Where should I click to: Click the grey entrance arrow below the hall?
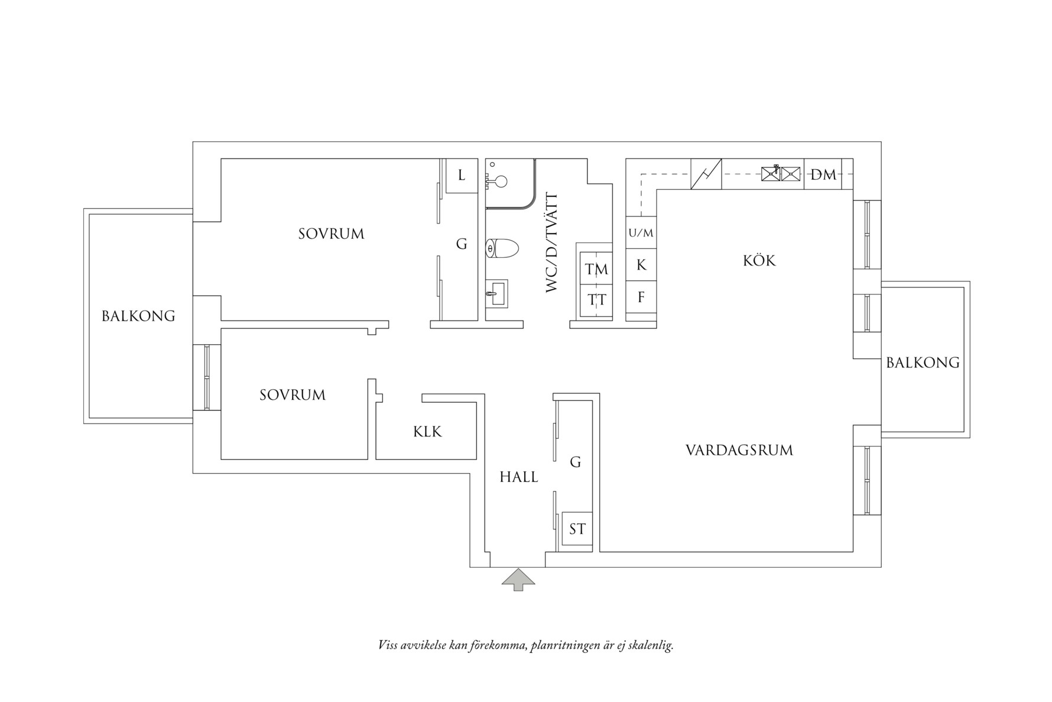tap(518, 580)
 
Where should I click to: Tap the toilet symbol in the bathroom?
tap(501, 249)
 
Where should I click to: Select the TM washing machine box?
tap(596, 269)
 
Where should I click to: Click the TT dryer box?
tap(596, 300)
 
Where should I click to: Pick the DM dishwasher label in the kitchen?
tap(823, 174)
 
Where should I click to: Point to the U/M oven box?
tap(641, 233)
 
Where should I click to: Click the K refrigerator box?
tap(641, 265)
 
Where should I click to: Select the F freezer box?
tap(641, 297)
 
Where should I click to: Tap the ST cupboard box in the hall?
tap(577, 529)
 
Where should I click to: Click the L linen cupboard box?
tap(462, 176)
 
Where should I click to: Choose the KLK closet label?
tap(427, 432)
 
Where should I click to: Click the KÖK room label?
tap(759, 260)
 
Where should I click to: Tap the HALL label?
tap(518, 477)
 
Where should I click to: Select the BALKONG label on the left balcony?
tap(138, 316)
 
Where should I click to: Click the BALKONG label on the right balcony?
tap(923, 363)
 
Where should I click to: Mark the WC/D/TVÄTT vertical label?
tap(551, 242)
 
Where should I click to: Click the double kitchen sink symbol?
tap(781, 173)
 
